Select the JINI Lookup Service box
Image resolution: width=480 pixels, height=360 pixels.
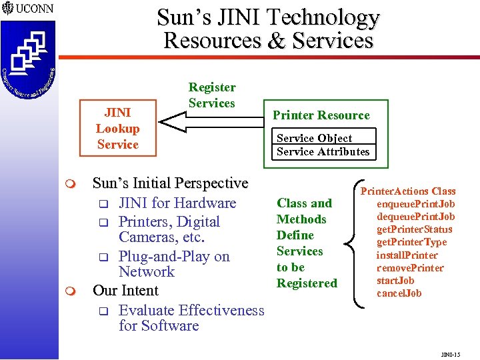tap(117, 129)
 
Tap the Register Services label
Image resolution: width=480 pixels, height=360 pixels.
tap(211, 95)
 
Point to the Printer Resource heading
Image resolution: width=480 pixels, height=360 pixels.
tap(321, 115)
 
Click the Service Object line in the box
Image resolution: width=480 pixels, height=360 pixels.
tap(314, 138)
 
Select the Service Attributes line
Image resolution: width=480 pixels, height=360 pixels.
tap(323, 151)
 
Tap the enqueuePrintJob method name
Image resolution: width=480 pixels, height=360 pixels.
tap(415, 204)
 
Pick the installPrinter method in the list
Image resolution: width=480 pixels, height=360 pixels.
tap(407, 255)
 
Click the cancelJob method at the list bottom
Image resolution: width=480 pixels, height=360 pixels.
tap(399, 293)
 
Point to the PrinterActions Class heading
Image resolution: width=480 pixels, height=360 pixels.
tap(408, 191)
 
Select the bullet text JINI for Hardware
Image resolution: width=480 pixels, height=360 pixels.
tap(177, 203)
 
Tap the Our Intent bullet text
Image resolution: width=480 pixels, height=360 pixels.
tap(125, 291)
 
